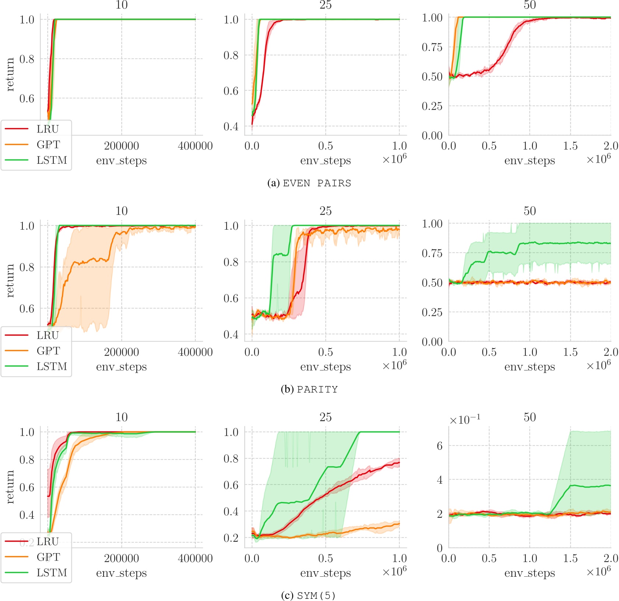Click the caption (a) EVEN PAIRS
[x=309, y=183]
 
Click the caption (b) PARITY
[x=309, y=389]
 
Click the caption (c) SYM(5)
[x=309, y=595]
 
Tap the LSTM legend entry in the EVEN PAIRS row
[x=52, y=160]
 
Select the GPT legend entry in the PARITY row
[x=48, y=351]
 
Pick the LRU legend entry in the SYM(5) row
[x=48, y=541]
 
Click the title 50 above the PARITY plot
[x=530, y=211]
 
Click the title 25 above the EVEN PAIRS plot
[x=326, y=5]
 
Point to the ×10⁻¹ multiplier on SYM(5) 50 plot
[x=465, y=420]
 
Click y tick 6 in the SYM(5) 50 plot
[x=440, y=446]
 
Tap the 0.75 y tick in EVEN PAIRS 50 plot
[x=432, y=47]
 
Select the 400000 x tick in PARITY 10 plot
[x=195, y=352]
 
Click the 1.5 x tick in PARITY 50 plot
[x=570, y=352]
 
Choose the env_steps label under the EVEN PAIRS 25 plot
[x=326, y=161]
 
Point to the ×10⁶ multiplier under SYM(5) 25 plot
[x=394, y=571]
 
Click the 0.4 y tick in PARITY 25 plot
[x=231, y=335]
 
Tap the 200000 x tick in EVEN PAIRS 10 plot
[x=122, y=146]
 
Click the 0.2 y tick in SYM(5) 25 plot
[x=231, y=538]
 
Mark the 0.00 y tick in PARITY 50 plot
[x=432, y=342]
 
